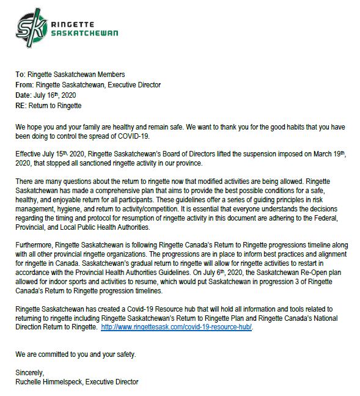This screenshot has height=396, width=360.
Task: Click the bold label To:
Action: coord(21,75)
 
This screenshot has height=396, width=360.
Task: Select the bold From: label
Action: coord(26,85)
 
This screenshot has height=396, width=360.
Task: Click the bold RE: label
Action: coord(23,106)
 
